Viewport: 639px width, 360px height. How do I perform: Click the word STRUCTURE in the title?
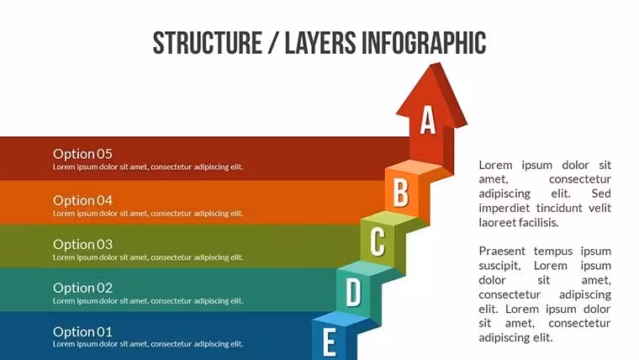[x=208, y=43]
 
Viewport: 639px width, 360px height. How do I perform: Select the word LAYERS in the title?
[x=320, y=43]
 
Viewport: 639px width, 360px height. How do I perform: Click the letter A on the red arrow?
[x=428, y=120]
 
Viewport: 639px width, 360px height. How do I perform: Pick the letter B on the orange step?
[x=400, y=193]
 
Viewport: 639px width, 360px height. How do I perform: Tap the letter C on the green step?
[x=378, y=241]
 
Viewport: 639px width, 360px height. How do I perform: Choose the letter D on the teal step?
[x=353, y=292]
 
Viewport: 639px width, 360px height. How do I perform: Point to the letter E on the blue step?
[x=330, y=342]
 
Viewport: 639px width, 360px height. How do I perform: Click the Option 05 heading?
[x=82, y=154]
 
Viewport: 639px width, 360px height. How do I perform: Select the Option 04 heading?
[x=82, y=200]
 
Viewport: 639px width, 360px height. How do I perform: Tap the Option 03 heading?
[x=82, y=244]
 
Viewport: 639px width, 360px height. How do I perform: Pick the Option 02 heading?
[x=82, y=288]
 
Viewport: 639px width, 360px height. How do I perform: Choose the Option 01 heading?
[x=82, y=332]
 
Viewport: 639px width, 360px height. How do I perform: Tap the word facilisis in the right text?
[x=538, y=222]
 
